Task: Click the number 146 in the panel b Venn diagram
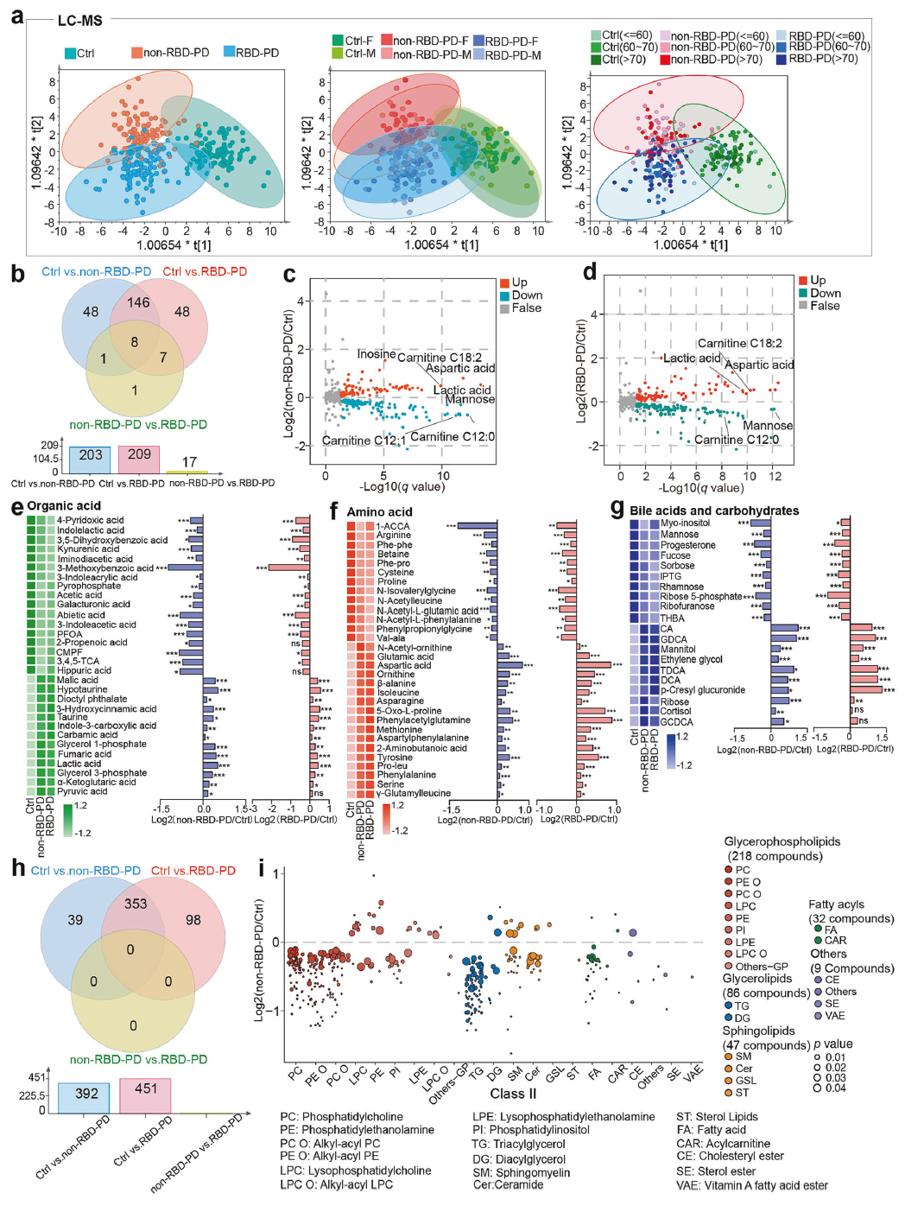[138, 302]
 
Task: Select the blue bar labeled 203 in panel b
[91, 458]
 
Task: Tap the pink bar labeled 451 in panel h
[145, 1094]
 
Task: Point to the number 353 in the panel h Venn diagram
[136, 904]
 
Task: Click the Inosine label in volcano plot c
[377, 354]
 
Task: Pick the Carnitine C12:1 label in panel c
[364, 441]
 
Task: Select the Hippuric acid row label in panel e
[84, 670]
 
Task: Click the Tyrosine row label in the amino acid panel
[395, 758]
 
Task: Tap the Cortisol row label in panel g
[675, 711]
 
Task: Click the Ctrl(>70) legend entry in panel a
[623, 60]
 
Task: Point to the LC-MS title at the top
[79, 20]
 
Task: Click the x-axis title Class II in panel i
[514, 1094]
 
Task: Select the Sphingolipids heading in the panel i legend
[758, 1031]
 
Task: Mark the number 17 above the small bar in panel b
[189, 462]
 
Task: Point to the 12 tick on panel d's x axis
[775, 476]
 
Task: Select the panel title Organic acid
[64, 505]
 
